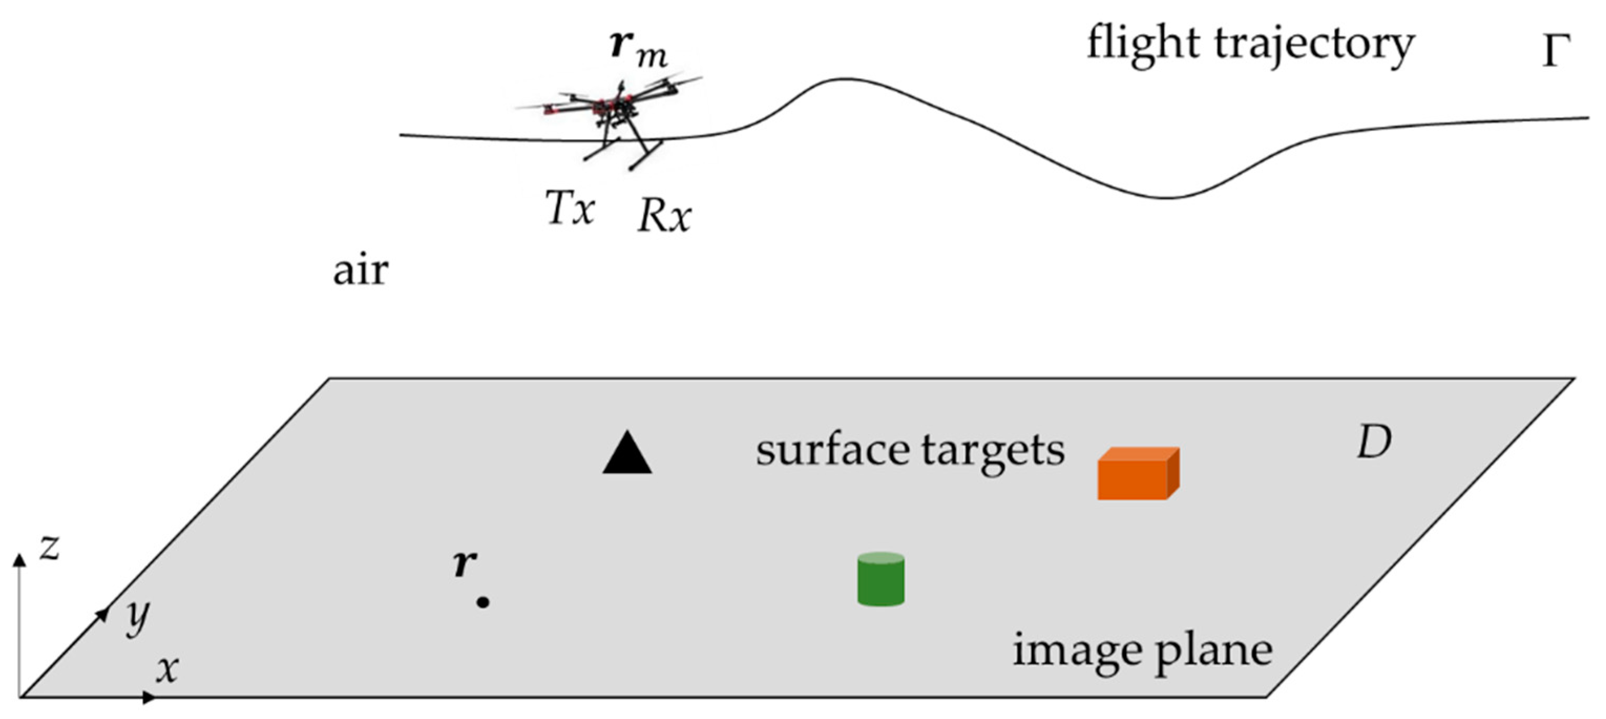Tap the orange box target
tap(1137, 475)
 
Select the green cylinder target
tap(880, 579)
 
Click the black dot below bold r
tap(482, 602)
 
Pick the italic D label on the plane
tap(1374, 443)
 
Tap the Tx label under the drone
tap(570, 208)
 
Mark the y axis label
tap(137, 617)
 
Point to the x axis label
tap(167, 669)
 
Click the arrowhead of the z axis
tap(20, 559)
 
